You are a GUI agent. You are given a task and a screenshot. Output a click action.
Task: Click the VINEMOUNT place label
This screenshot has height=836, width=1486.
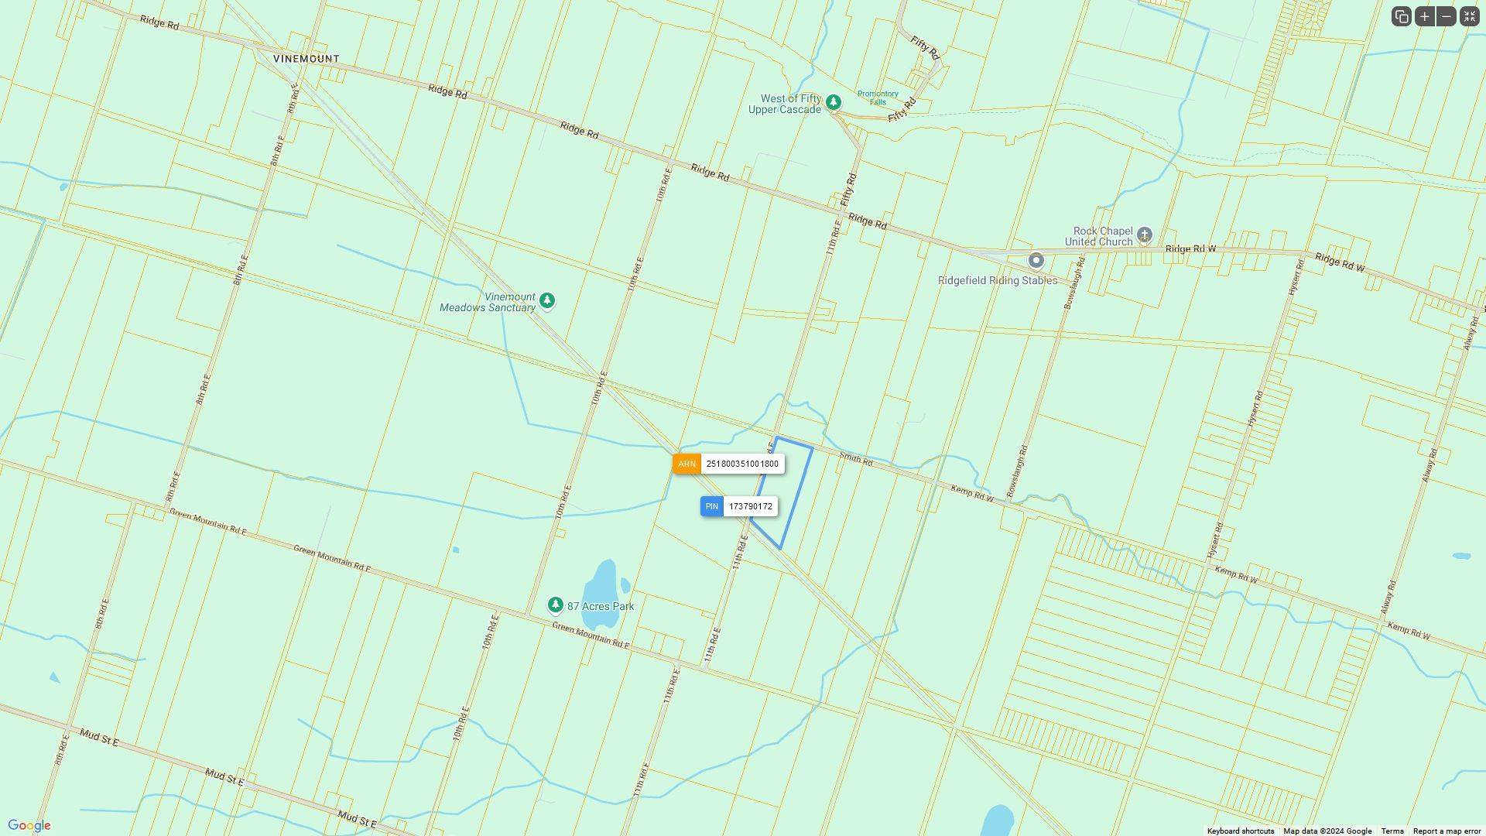[306, 59]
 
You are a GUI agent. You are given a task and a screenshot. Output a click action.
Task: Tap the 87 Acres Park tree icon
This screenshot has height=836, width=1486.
[555, 605]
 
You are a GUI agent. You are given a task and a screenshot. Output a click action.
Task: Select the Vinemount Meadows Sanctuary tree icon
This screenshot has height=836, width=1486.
[547, 300]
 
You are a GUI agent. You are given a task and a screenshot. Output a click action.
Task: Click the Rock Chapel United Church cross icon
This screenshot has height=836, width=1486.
[1145, 235]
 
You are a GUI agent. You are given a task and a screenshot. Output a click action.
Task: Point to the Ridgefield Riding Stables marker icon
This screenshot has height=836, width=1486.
[1036, 261]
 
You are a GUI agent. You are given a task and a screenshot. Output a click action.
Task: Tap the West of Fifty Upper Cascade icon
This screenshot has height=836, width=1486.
[833, 102]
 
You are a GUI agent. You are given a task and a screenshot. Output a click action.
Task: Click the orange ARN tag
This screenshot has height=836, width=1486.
[687, 464]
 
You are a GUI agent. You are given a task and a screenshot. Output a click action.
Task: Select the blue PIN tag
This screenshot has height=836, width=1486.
[711, 507]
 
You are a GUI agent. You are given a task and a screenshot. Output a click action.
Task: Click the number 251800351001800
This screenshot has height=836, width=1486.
[742, 464]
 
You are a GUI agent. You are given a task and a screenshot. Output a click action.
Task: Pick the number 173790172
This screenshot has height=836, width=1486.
[750, 507]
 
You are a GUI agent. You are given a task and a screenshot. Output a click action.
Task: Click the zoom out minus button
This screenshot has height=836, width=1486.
[1446, 16]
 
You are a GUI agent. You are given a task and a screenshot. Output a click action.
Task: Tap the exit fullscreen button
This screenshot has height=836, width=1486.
[1469, 16]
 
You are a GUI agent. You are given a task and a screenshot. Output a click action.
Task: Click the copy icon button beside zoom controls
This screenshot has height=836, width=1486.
[1402, 16]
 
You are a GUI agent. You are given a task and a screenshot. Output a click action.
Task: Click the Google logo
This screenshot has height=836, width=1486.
[29, 826]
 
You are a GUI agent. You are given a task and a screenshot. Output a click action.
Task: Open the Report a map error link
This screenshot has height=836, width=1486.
[1447, 831]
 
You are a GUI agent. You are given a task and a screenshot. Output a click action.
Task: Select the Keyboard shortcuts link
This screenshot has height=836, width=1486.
[1240, 831]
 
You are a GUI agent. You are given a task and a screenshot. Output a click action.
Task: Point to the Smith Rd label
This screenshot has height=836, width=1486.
[855, 460]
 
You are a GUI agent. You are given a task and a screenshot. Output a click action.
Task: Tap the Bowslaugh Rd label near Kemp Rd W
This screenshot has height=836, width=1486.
[1016, 471]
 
